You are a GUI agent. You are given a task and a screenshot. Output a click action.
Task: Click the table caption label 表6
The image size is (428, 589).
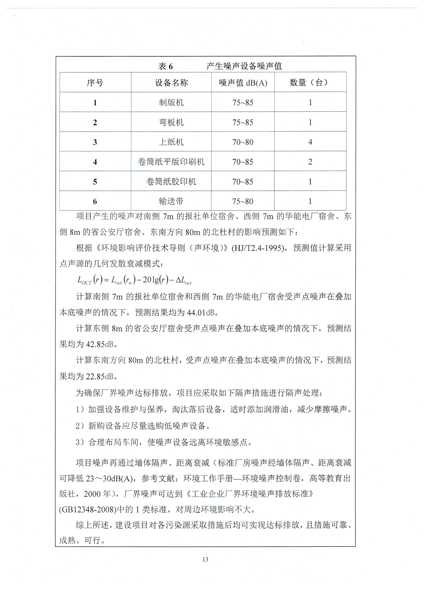tap(165, 67)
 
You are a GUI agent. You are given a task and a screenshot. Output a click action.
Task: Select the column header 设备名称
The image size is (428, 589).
tap(171, 83)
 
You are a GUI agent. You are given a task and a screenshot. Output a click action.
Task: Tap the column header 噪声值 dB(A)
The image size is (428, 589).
tap(243, 83)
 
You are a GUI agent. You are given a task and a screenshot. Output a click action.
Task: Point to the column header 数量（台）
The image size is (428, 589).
tap(310, 83)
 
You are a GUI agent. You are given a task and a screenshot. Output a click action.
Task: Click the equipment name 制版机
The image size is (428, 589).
tap(171, 103)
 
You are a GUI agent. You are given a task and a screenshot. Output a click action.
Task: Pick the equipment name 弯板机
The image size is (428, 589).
tap(171, 122)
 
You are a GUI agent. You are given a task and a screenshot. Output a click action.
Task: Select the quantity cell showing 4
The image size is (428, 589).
tap(310, 142)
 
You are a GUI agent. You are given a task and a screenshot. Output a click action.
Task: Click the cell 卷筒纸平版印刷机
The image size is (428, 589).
tap(171, 162)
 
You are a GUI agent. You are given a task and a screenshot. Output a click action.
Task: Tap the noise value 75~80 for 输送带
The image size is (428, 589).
tap(243, 201)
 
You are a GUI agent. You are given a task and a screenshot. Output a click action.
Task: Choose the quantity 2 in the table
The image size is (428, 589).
tap(310, 162)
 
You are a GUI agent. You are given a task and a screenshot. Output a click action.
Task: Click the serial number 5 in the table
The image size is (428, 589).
tap(95, 182)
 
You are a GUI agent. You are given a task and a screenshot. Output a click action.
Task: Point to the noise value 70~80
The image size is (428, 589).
tap(243, 142)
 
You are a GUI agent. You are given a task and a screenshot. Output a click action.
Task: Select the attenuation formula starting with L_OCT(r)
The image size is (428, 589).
tap(134, 280)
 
